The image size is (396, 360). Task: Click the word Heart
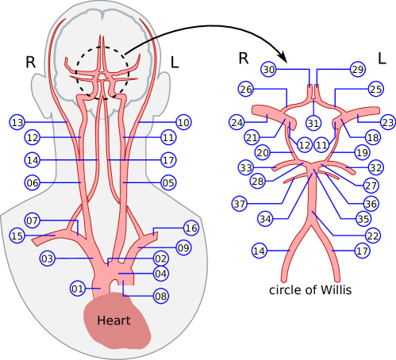(x=113, y=321)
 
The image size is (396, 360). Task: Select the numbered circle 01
(x=78, y=288)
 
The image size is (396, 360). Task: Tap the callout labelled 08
(x=161, y=296)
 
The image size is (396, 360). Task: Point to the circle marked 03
(x=48, y=259)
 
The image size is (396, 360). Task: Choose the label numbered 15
(x=17, y=236)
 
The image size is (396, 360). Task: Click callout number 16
(x=190, y=228)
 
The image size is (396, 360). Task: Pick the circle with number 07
(x=33, y=220)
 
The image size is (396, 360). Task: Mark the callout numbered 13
(x=17, y=122)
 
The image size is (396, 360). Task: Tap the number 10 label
(x=183, y=122)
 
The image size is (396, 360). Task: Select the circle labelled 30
(x=269, y=70)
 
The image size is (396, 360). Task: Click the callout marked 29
(x=357, y=70)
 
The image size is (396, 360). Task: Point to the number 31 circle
(x=313, y=123)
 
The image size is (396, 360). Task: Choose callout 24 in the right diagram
(x=236, y=123)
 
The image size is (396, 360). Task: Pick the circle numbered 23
(x=387, y=123)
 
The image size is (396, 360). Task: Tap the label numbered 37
(x=240, y=204)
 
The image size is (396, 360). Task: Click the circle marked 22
(x=372, y=236)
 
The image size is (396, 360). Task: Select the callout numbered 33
(x=246, y=168)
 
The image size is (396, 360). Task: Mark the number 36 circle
(x=371, y=204)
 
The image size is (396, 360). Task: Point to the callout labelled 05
(x=168, y=182)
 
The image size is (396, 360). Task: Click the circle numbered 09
(x=183, y=248)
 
